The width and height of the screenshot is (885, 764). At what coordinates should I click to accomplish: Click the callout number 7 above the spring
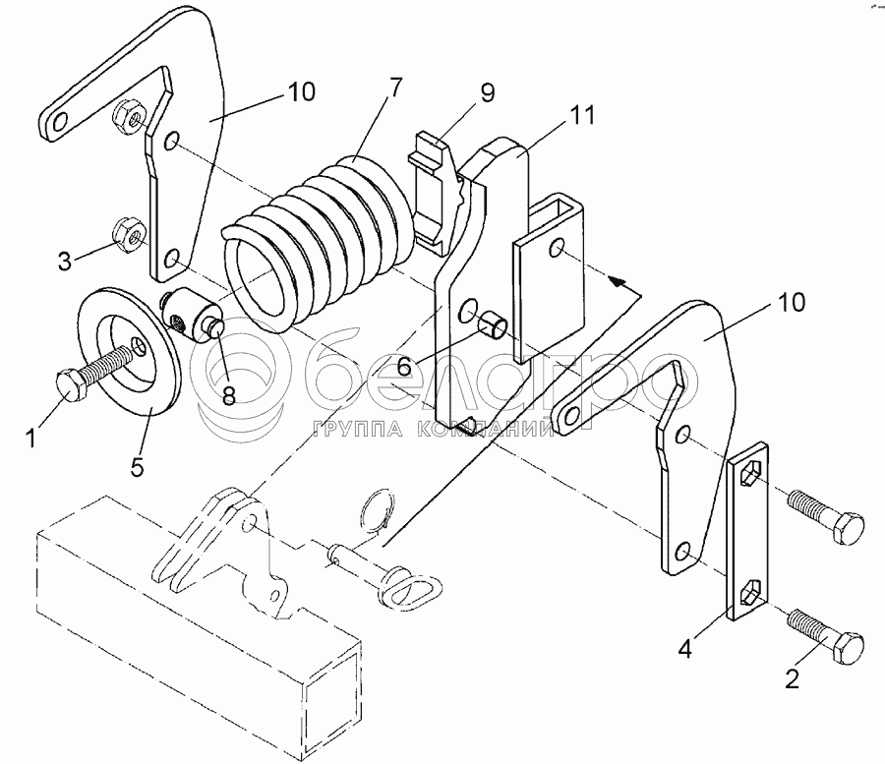coord(395,87)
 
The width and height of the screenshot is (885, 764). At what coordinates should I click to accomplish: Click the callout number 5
coord(137,466)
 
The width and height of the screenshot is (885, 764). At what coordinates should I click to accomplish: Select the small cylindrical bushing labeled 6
coord(491,324)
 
